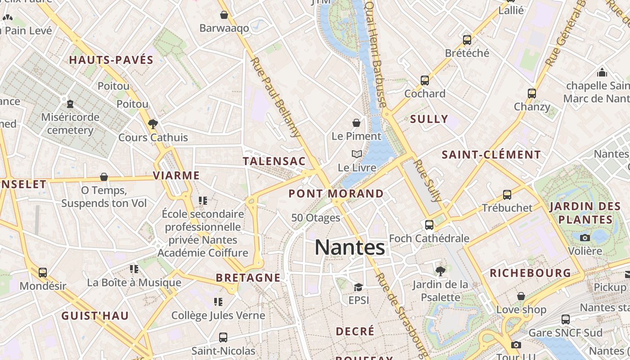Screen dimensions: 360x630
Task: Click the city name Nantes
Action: pos(350,247)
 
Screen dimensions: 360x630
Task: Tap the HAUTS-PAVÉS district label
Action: pos(111,60)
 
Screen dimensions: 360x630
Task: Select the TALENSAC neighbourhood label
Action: pos(274,161)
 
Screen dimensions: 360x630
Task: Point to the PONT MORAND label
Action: pos(336,193)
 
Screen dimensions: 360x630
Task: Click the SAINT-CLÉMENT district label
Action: pos(491,155)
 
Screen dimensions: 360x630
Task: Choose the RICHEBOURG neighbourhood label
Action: pos(530,273)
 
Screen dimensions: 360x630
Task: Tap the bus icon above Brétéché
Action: pos(467,40)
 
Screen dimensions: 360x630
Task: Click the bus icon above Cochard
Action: pos(424,81)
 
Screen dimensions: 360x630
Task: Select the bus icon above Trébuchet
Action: pos(507,195)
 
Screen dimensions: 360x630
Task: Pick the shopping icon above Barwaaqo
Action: pos(224,15)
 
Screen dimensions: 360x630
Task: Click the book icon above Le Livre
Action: pos(356,154)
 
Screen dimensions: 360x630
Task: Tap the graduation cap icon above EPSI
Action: pos(358,287)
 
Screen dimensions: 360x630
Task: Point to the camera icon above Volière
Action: pos(585,238)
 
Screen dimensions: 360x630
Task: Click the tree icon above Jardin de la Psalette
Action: pos(440,271)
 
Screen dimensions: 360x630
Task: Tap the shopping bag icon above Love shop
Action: pos(521,296)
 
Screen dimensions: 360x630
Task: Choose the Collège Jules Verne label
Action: pos(218,315)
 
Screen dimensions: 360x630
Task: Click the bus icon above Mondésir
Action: pos(43,272)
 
